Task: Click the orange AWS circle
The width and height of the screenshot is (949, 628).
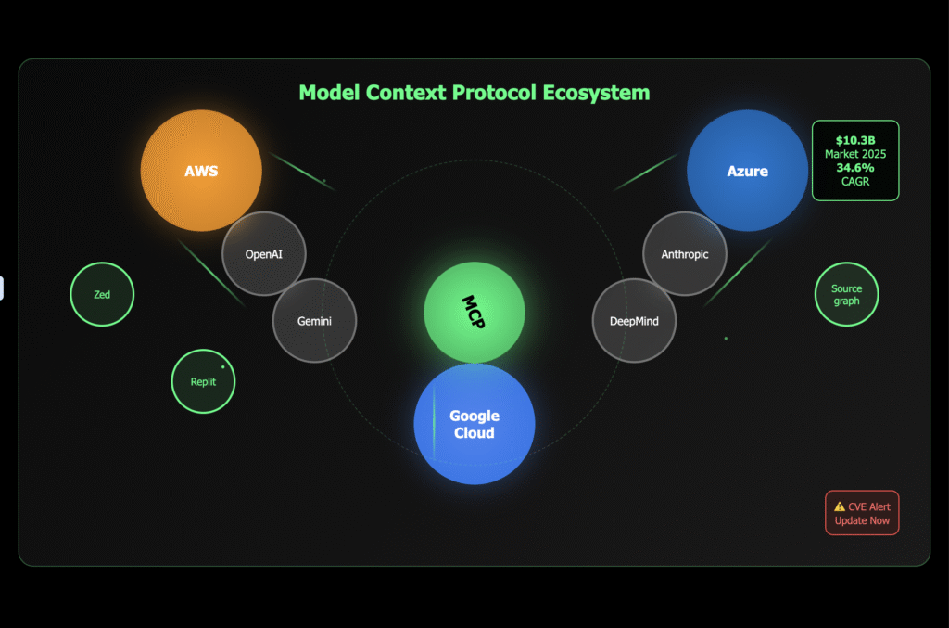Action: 201,171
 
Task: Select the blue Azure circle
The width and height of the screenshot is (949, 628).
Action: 747,171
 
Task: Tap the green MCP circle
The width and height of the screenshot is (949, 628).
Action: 474,313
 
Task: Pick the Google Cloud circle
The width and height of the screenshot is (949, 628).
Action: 474,424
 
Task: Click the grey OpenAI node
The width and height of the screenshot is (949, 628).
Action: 264,253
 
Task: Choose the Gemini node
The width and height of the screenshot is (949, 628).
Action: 314,321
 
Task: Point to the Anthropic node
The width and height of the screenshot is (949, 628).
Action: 685,253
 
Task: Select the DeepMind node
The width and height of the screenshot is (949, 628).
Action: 634,321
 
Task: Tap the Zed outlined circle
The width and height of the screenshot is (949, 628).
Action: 102,295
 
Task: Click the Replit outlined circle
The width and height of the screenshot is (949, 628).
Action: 203,381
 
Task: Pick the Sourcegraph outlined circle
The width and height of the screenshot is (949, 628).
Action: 846,295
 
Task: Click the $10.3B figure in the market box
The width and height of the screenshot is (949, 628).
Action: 855,140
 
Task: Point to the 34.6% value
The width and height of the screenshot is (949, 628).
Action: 855,168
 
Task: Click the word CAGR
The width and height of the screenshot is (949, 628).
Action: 855,182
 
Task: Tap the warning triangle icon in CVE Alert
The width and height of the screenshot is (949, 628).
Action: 840,507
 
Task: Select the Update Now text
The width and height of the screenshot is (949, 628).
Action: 862,520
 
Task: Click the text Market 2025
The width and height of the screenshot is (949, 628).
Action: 855,154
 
